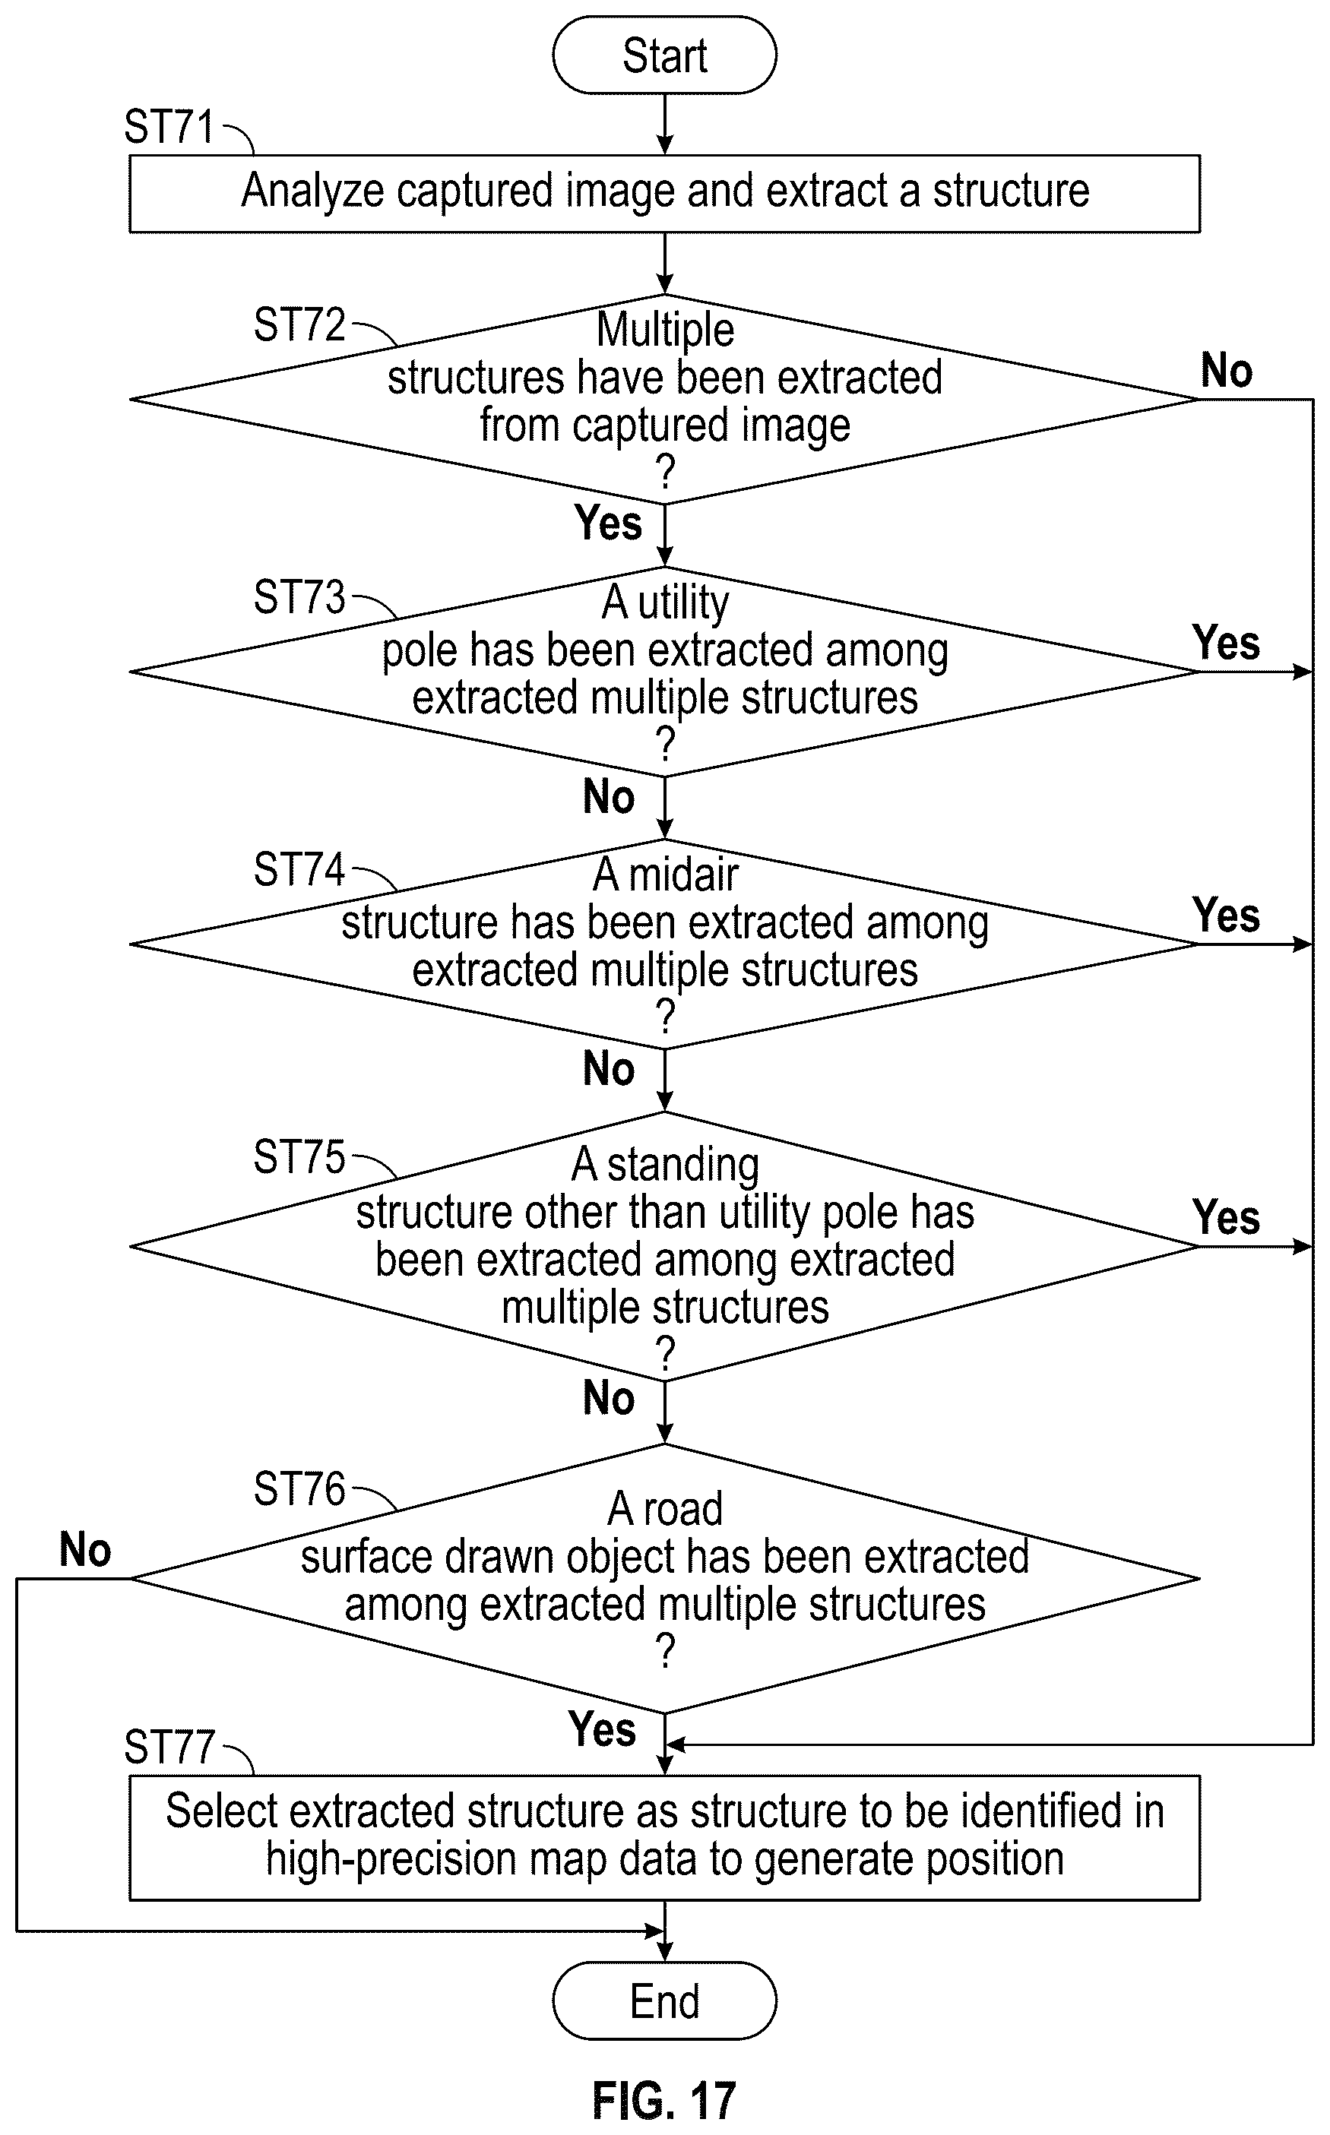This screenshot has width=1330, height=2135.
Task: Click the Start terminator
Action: pyautogui.click(x=664, y=55)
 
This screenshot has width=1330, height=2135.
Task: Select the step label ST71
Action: pyautogui.click(x=169, y=127)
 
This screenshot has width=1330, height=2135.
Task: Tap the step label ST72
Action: pyautogui.click(x=299, y=324)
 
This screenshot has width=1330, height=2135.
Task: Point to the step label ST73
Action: pyautogui.click(x=299, y=597)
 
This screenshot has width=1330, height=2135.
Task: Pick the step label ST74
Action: pyautogui.click(x=299, y=870)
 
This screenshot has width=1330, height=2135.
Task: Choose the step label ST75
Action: pyautogui.click(x=299, y=1157)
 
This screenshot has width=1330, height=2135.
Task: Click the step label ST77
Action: pyautogui.click(x=169, y=1748)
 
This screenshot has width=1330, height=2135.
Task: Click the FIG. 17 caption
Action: pyautogui.click(x=664, y=2102)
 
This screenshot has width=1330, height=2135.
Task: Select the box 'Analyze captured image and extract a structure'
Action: pyautogui.click(x=664, y=194)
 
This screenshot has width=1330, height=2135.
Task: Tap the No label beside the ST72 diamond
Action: pyautogui.click(x=1227, y=370)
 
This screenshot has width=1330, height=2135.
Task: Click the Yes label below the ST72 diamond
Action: pyautogui.click(x=608, y=523)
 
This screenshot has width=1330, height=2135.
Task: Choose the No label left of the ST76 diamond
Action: pyautogui.click(x=85, y=1549)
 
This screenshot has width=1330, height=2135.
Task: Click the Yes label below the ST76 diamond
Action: pyautogui.click(x=602, y=1729)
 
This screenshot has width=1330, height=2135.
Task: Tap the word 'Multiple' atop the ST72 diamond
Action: pyautogui.click(x=665, y=331)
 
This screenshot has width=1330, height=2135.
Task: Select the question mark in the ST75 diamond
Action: pyautogui.click(x=666, y=1355)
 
